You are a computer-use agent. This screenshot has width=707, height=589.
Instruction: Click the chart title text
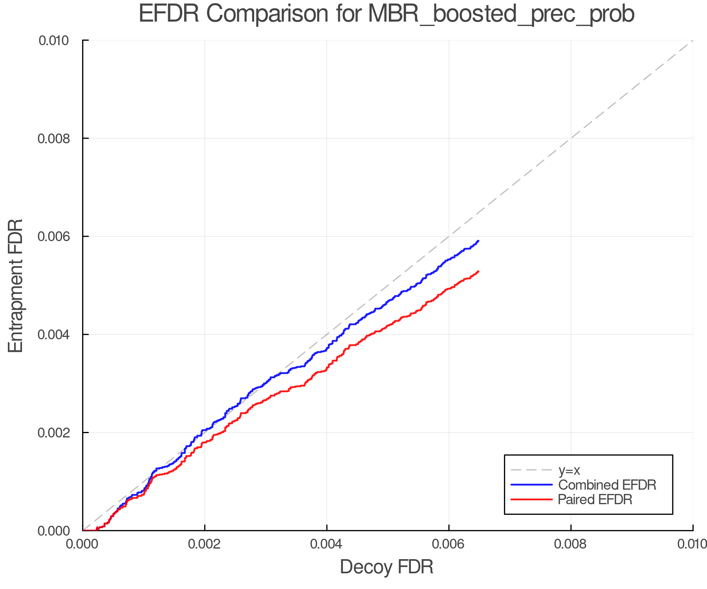click(x=386, y=14)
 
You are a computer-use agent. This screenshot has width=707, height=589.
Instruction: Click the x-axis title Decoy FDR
click(x=386, y=567)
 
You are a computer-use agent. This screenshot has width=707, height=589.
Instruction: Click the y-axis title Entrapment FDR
click(x=16, y=285)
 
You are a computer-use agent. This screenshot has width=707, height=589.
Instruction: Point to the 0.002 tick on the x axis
click(x=205, y=544)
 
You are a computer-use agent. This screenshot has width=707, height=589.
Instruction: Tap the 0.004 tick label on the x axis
click(x=327, y=544)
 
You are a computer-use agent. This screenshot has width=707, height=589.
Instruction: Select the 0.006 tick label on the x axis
click(x=449, y=544)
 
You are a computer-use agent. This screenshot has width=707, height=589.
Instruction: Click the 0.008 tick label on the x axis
click(x=571, y=544)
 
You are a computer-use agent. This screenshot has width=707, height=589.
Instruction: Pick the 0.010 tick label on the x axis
click(x=692, y=544)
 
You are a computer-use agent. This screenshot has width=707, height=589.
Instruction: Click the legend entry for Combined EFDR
click(x=607, y=485)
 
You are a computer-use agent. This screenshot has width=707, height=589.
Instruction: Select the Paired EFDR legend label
click(x=595, y=499)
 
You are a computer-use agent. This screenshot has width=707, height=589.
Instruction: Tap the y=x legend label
click(x=569, y=470)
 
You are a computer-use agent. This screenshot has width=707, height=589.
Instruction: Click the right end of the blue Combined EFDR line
click(x=478, y=241)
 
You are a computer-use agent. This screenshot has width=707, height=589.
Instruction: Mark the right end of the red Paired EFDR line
click(x=478, y=271)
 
